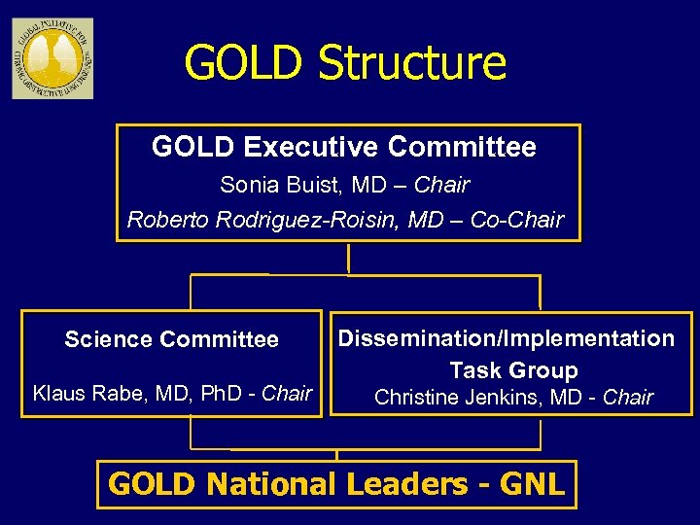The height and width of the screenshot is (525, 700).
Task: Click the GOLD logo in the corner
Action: (52, 57)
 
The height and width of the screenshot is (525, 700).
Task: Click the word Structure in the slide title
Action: (412, 63)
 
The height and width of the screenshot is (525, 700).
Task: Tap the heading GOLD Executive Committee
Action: (344, 148)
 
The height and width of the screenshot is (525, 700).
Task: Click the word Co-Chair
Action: (516, 220)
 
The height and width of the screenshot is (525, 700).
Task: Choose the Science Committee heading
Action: (171, 339)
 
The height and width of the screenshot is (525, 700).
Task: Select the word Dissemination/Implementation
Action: (506, 338)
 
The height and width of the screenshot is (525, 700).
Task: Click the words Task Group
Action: (513, 370)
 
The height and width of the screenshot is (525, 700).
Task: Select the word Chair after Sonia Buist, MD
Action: (442, 185)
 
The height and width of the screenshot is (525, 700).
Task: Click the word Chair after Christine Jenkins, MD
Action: (628, 398)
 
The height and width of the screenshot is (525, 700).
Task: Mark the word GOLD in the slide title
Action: (244, 63)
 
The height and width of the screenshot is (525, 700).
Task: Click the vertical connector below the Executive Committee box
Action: (347, 258)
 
